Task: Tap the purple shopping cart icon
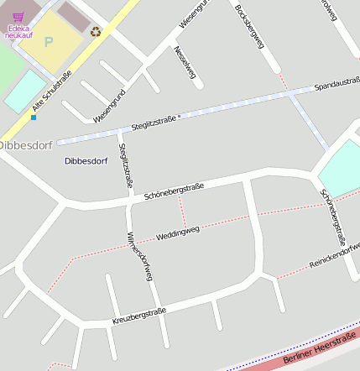pos(18,15)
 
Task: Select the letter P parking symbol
pos(48,40)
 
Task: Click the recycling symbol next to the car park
pos(96,32)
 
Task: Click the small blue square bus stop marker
pos(34,118)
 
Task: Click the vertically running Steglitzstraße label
pos(125,163)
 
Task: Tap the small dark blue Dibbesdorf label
pos(86,159)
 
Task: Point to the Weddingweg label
pos(178,233)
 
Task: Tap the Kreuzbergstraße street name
pos(138,316)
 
